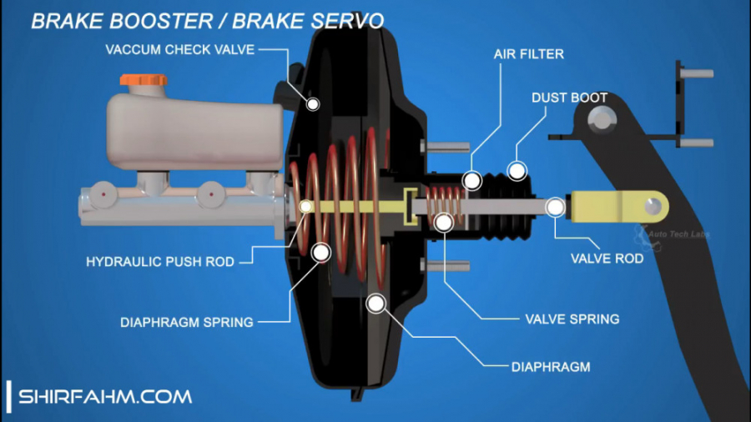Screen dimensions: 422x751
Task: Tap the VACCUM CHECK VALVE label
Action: [x=179, y=49]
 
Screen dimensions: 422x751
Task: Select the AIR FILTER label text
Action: [x=527, y=54]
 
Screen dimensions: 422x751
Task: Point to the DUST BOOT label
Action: [x=569, y=98]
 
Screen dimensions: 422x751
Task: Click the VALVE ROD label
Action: [x=607, y=259]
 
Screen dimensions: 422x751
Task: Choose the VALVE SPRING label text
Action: [x=572, y=319]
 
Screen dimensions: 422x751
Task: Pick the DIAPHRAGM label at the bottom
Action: [x=551, y=366]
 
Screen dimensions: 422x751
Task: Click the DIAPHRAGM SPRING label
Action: [x=186, y=322]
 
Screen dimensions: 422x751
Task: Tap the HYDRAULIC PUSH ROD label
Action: [x=160, y=262]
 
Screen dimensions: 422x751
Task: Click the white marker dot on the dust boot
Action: [x=517, y=171]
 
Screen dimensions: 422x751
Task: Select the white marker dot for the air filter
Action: [x=472, y=179]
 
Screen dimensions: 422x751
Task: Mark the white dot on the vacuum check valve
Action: [x=313, y=103]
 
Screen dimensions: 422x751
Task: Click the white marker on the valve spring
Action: [x=443, y=222]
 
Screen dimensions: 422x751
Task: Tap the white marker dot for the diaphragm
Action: [x=376, y=304]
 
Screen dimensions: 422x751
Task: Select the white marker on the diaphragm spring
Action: [x=320, y=251]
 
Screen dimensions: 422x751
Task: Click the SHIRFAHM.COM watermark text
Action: [x=105, y=396]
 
